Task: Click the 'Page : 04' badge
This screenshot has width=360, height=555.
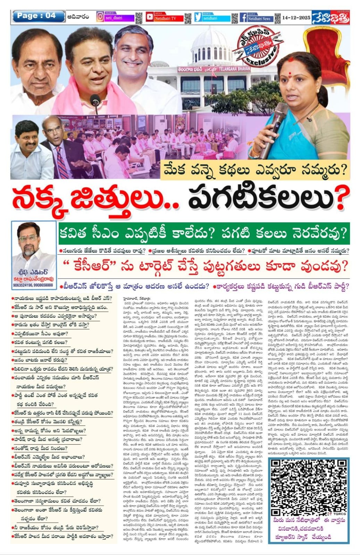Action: tap(38, 16)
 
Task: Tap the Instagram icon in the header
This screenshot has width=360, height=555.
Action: tap(100, 17)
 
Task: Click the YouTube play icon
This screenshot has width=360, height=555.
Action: tap(150, 17)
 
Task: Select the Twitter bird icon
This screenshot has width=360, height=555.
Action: tap(198, 17)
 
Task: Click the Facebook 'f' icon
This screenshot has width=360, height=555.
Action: tap(243, 17)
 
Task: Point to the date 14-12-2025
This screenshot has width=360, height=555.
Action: tap(296, 17)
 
